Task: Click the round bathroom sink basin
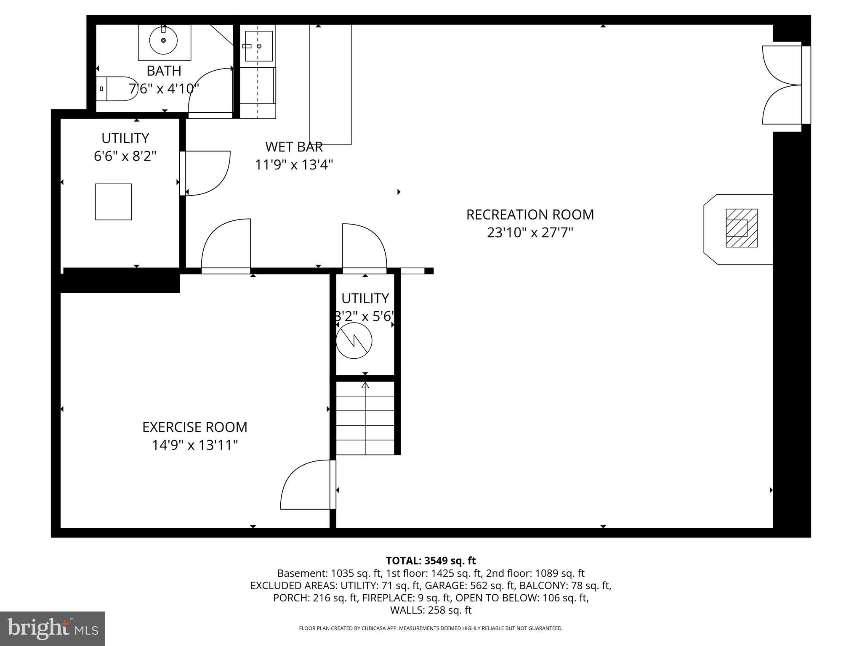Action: pos(163,40)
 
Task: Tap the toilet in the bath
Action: pos(117,89)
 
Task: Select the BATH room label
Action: pos(164,71)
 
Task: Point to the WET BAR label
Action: pos(294,147)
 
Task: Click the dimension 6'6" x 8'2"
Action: pos(125,156)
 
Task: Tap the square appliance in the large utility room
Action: pos(113,202)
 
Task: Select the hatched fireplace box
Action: pos(741,228)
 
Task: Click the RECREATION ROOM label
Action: pos(530,215)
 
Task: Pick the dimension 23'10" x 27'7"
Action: pos(530,233)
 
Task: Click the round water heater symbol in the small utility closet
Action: pos(354,341)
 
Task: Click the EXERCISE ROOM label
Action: pos(194,427)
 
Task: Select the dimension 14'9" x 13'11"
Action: pos(194,445)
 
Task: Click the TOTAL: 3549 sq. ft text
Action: pos(431,561)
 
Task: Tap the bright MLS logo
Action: pos(53,628)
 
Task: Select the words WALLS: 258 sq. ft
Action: pos(431,610)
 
